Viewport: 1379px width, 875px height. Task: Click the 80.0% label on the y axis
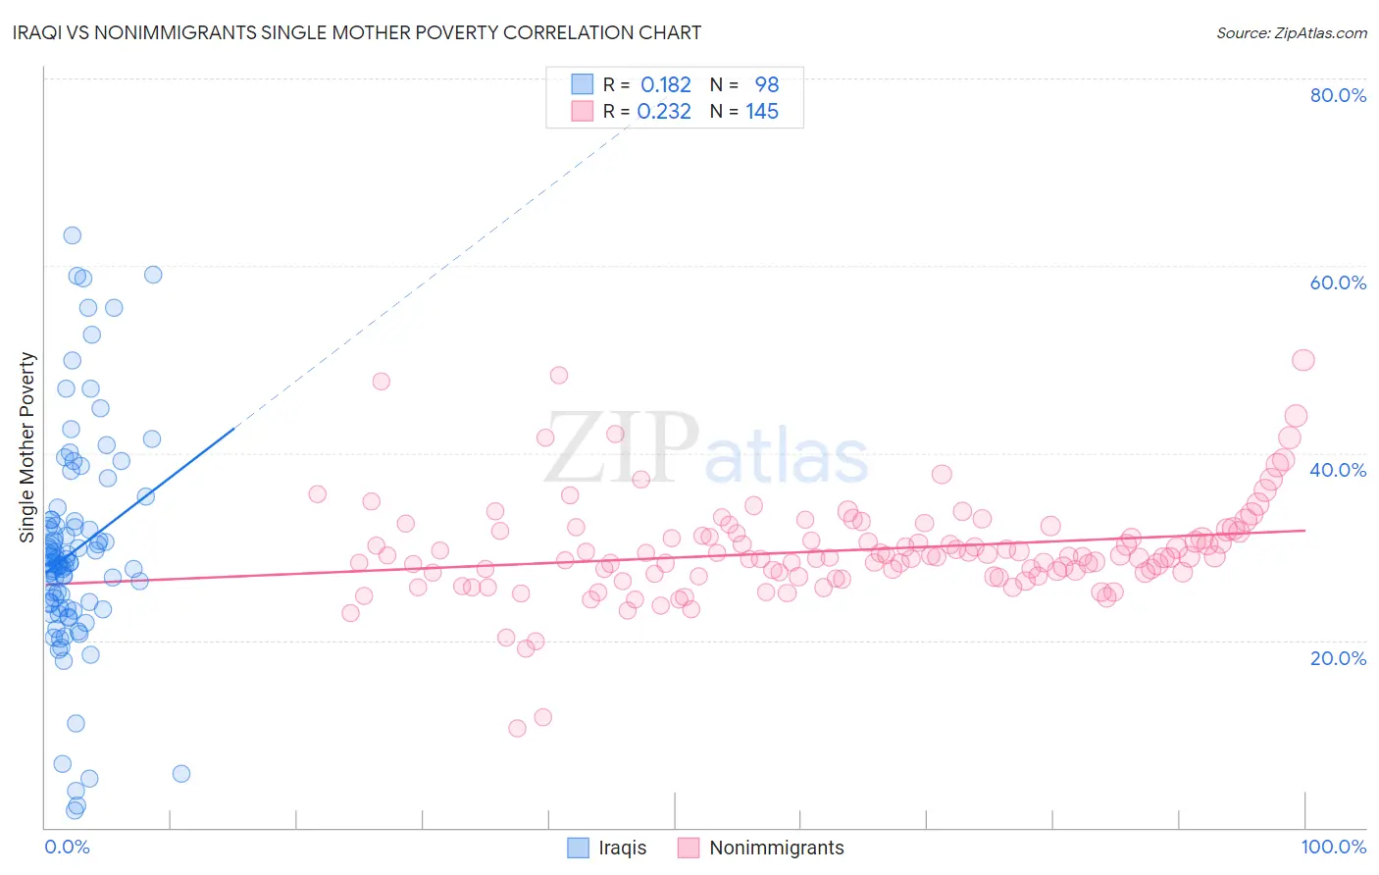tap(1338, 95)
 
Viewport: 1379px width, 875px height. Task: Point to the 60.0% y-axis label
tap(1338, 283)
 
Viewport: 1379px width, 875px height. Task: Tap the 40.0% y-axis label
tap(1338, 470)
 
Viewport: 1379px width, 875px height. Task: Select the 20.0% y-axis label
tap(1338, 657)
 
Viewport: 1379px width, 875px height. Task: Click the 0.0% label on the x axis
tap(67, 847)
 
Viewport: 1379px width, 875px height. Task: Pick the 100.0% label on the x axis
tap(1333, 847)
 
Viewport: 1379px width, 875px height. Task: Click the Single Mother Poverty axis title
tap(27, 447)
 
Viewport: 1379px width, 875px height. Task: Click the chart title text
tap(357, 32)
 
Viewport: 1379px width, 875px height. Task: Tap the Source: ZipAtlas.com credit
tap(1291, 32)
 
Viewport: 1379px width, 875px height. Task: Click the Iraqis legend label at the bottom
tap(622, 848)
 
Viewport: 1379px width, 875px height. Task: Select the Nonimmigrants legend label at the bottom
tap(776, 848)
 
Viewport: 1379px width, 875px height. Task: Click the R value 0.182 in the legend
tap(666, 84)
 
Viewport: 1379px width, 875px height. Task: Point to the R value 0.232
tap(664, 112)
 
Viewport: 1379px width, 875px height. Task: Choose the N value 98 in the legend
tap(766, 84)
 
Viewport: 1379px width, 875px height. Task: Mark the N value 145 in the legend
tap(762, 112)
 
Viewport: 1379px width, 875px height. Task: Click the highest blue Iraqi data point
tap(72, 235)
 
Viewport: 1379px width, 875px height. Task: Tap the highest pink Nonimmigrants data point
tap(1302, 360)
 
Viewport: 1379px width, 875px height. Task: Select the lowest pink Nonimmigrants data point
tap(517, 728)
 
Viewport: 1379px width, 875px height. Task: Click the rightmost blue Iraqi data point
tap(181, 774)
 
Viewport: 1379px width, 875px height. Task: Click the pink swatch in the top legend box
tap(582, 112)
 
